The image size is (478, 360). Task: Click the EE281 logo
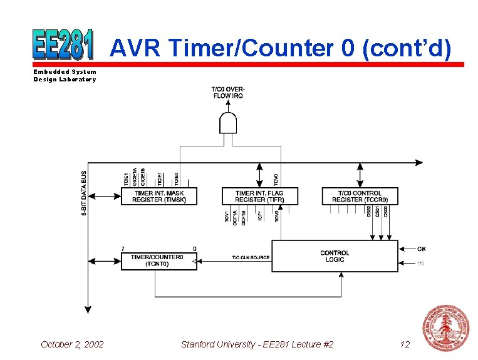[x=63, y=46]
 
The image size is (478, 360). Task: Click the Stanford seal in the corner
[x=446, y=327]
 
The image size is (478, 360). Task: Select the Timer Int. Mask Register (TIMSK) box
[x=158, y=196]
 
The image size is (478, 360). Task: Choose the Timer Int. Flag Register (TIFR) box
[x=260, y=196]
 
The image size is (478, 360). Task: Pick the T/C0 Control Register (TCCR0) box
[x=360, y=196]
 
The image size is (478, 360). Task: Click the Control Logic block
[x=335, y=256]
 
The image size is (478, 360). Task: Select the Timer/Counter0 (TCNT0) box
[x=158, y=260]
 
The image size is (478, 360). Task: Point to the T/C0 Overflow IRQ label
[x=228, y=92]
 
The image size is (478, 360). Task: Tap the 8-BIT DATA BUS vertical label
[x=85, y=194]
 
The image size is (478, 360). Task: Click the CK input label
[x=422, y=249]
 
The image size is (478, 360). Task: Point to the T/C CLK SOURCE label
[x=251, y=257]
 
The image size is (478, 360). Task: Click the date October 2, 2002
[x=72, y=344]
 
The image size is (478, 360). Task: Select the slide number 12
[x=404, y=344]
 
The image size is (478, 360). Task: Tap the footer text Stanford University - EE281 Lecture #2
[x=257, y=344]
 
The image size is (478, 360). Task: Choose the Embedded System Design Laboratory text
[x=65, y=76]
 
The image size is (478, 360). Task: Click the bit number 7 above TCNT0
[x=123, y=249]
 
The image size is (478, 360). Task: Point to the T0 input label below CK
[x=421, y=264]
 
